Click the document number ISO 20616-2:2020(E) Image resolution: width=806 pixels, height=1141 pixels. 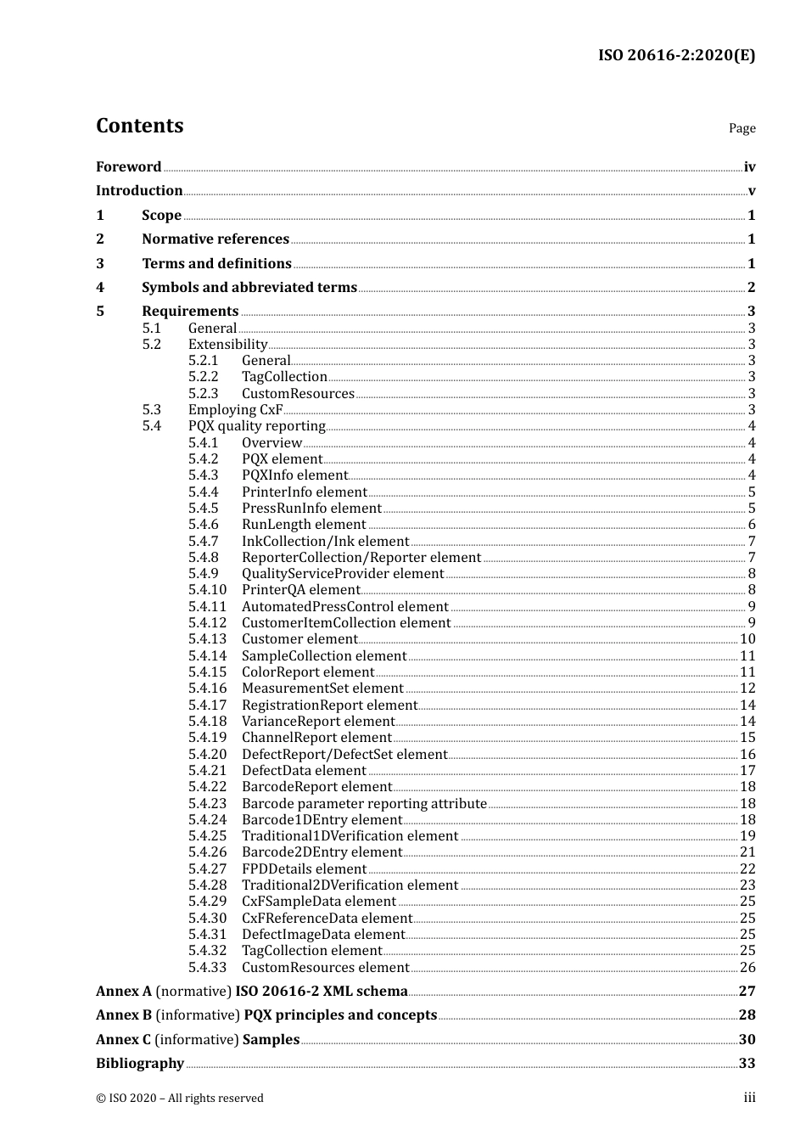(x=676, y=55)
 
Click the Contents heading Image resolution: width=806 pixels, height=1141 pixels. (x=139, y=126)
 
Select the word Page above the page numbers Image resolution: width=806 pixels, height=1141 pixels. (x=742, y=128)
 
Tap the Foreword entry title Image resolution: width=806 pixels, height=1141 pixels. (x=128, y=167)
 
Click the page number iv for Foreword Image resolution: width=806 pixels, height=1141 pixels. (x=749, y=167)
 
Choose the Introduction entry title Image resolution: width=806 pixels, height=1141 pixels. (x=139, y=191)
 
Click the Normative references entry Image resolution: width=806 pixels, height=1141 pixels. (x=215, y=239)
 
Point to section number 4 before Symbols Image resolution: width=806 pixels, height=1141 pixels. (x=100, y=288)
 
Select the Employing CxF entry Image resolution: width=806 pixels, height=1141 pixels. (x=235, y=410)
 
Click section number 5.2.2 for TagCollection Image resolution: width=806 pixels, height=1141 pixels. (x=203, y=377)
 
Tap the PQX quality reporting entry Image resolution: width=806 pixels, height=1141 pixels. (x=256, y=426)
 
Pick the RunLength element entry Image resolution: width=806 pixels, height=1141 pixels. (x=304, y=525)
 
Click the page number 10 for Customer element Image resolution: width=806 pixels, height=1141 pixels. (x=747, y=639)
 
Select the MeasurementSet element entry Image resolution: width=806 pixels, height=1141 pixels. (x=322, y=689)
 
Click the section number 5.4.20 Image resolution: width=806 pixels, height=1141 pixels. (x=207, y=755)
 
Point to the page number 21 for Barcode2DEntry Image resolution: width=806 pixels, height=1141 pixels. (x=747, y=852)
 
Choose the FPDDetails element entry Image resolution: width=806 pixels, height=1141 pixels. (x=304, y=869)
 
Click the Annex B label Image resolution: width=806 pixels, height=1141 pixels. (x=124, y=1015)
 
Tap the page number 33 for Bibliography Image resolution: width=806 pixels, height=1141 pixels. (x=747, y=1064)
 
